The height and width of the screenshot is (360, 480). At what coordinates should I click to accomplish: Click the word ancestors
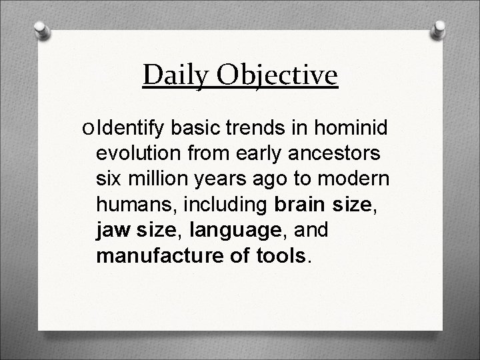point(327,154)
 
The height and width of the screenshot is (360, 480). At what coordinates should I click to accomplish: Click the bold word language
point(233,230)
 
